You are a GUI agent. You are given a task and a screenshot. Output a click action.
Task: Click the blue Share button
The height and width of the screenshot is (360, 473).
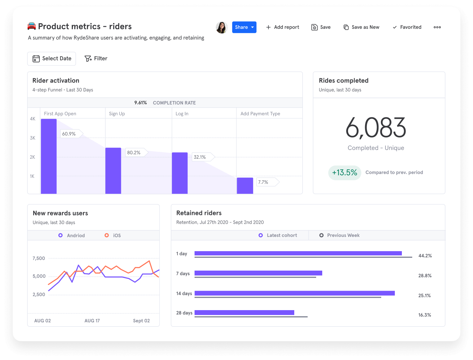(244, 27)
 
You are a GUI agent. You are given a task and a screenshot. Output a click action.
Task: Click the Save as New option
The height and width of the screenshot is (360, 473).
(361, 27)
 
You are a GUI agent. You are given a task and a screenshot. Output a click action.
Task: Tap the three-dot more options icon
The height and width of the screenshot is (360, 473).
(437, 27)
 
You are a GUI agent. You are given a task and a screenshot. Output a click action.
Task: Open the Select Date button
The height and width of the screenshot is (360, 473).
(52, 59)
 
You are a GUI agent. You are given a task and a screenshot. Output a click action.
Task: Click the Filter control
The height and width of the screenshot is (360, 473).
(96, 59)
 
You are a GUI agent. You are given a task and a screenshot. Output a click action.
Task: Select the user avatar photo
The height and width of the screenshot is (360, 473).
(222, 27)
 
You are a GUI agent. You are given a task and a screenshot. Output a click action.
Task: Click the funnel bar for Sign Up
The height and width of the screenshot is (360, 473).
(113, 171)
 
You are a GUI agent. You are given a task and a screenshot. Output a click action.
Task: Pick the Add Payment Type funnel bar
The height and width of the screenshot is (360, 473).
(245, 185)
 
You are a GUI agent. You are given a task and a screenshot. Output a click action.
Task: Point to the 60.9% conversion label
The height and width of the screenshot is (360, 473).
(69, 134)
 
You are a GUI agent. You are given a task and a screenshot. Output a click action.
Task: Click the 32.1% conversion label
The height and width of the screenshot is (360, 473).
(200, 157)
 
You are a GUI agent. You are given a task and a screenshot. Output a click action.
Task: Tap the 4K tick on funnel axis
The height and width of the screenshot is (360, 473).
(33, 119)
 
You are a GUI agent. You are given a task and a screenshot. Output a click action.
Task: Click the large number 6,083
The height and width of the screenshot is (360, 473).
(375, 128)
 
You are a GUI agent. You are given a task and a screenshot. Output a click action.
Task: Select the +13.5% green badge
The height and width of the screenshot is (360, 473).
(344, 173)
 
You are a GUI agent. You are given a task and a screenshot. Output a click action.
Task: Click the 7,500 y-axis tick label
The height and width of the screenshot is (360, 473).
(39, 258)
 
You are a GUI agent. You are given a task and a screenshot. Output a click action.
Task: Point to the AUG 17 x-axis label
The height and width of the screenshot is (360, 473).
(92, 321)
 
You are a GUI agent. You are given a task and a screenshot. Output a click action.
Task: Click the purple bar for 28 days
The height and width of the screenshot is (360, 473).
(244, 313)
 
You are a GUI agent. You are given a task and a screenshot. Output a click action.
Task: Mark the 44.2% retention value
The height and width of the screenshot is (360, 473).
(425, 256)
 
